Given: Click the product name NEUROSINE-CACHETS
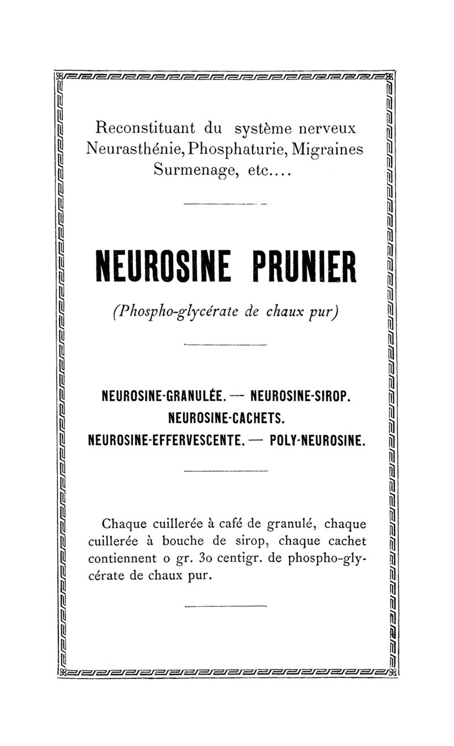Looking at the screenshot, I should coord(226,417).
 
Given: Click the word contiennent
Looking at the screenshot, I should coord(123,559).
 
